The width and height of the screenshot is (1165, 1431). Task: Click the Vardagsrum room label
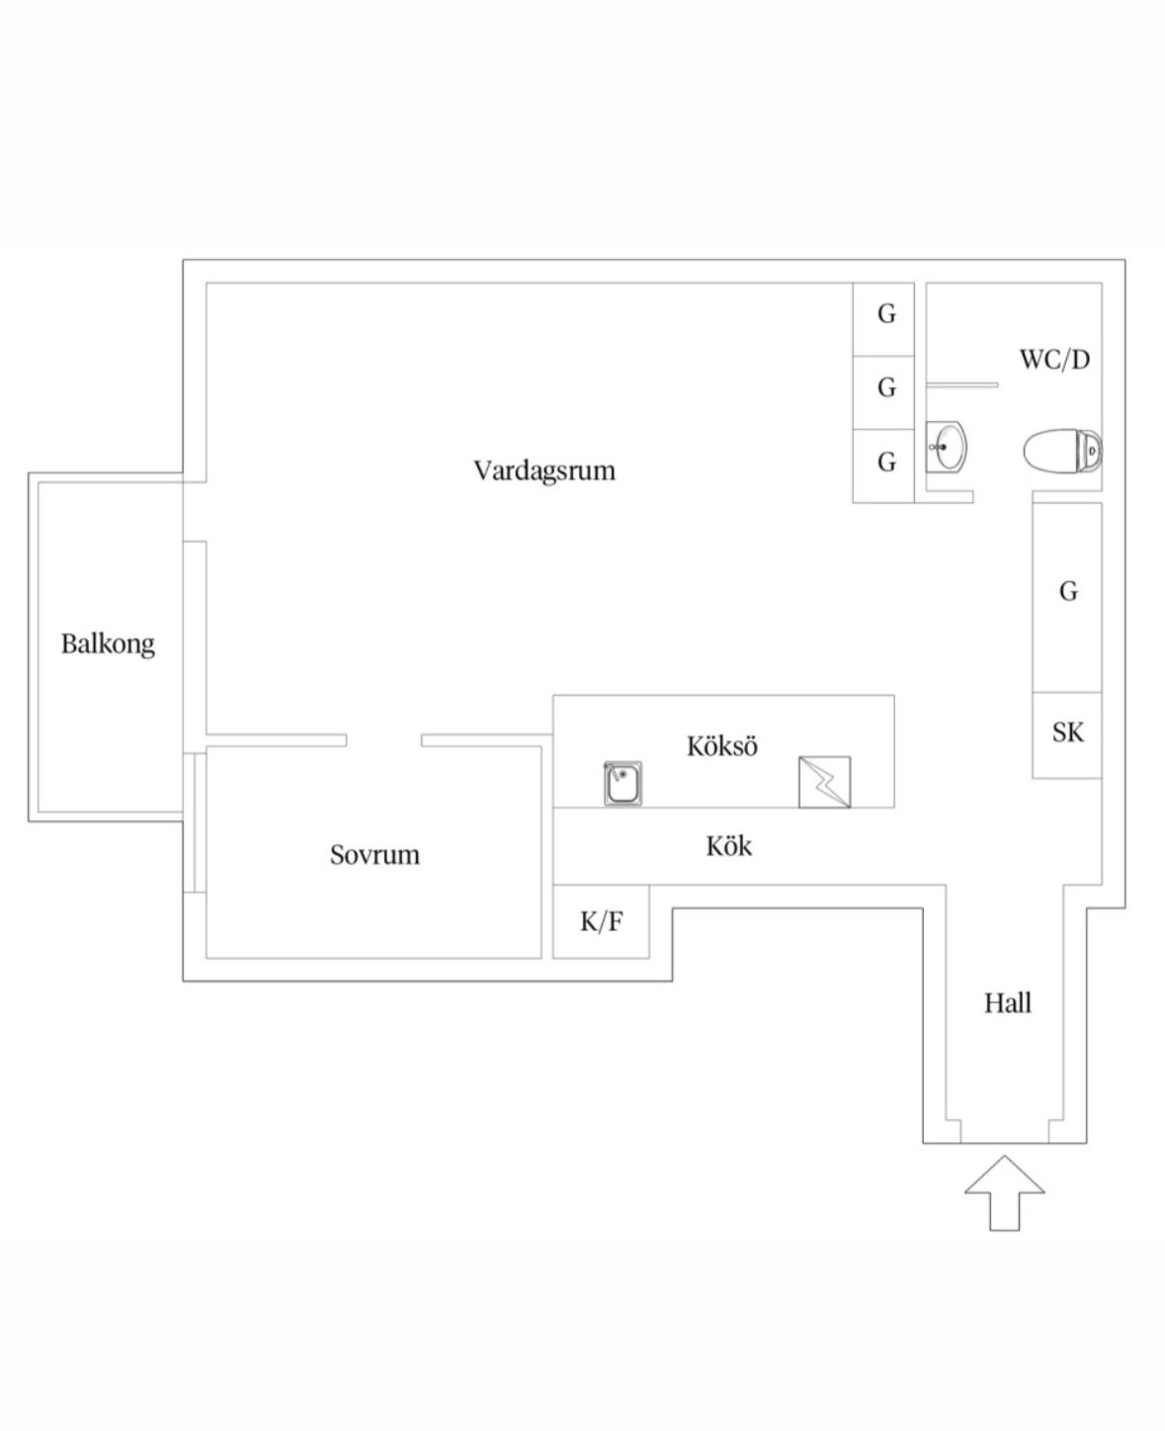pos(543,469)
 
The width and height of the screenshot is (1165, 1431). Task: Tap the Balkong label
pos(108,644)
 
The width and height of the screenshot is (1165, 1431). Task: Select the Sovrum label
pos(374,855)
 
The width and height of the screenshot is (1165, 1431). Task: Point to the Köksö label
pos(722,746)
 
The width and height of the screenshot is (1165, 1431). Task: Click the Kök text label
pos(729,847)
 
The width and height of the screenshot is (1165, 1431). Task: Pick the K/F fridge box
pos(601,922)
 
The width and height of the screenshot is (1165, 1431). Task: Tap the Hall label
pos(1007,1004)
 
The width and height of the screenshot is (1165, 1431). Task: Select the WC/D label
pos(1054,359)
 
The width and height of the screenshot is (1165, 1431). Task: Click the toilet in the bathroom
pos(1061,452)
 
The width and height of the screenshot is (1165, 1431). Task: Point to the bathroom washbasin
pos(947,448)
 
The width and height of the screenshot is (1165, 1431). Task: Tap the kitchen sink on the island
pos(624,784)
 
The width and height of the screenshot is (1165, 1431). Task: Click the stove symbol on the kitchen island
pos(824,783)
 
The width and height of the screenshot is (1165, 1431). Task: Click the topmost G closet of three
pos(886,315)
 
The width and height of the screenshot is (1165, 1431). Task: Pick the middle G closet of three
pos(886,388)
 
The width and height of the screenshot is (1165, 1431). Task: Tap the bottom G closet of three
pos(886,463)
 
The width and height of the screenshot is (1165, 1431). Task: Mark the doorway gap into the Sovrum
pos(384,740)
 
